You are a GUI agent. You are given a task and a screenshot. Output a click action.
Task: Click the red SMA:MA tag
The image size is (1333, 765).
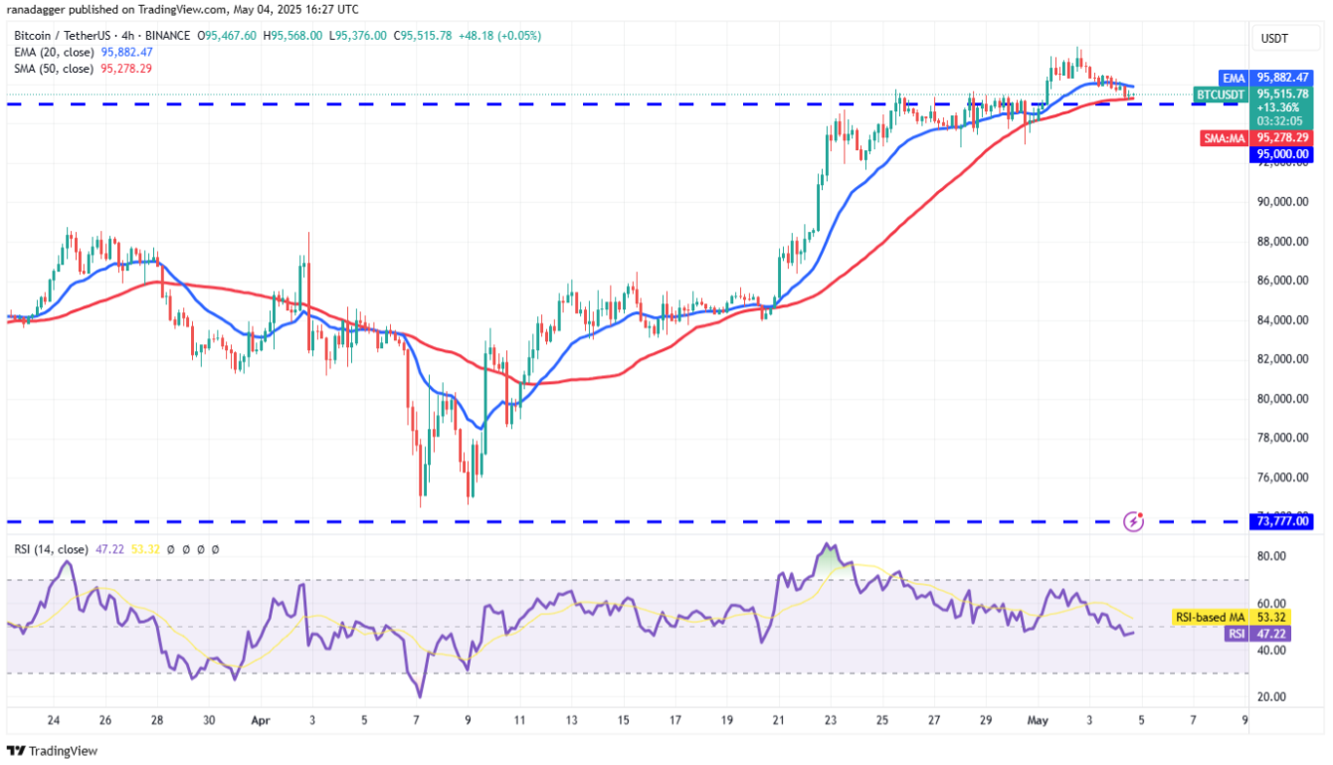(x=1224, y=137)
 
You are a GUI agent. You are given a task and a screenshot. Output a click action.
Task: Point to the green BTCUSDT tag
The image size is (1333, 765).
(x=1221, y=95)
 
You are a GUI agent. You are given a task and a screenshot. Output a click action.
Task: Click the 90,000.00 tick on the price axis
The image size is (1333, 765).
(x=1283, y=202)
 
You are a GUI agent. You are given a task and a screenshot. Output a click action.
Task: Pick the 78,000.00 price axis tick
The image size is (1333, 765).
(x=1283, y=438)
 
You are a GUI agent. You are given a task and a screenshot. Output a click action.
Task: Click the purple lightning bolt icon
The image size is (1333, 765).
(x=1132, y=520)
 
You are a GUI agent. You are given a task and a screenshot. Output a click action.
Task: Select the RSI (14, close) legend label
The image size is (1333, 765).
(x=50, y=549)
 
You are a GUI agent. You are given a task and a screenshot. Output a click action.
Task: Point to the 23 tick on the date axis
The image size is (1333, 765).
(x=829, y=720)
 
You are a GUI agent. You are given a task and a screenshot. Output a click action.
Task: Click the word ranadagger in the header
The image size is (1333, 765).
(x=41, y=10)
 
